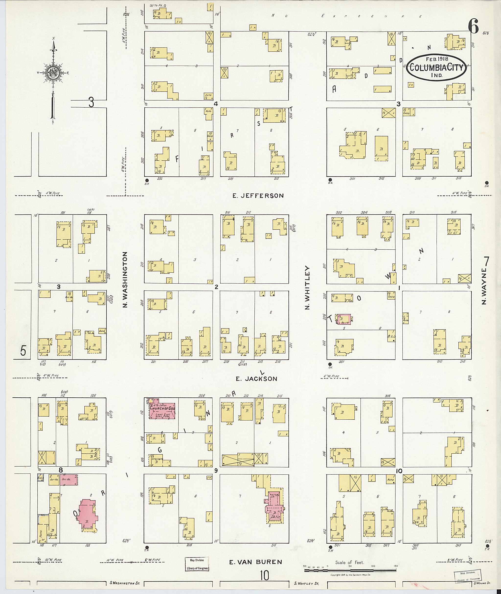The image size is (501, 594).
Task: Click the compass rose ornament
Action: pos(53,73)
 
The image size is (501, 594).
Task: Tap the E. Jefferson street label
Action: pos(258,196)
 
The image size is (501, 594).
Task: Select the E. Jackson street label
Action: pos(256,379)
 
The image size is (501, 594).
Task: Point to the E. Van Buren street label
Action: pos(256,562)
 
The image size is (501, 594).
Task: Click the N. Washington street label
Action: pos(125,280)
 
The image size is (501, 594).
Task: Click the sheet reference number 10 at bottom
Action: pos(264,576)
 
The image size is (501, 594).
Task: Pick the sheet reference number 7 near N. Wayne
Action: pos(487,260)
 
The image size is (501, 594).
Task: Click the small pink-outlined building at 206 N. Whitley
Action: pos(344,319)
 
